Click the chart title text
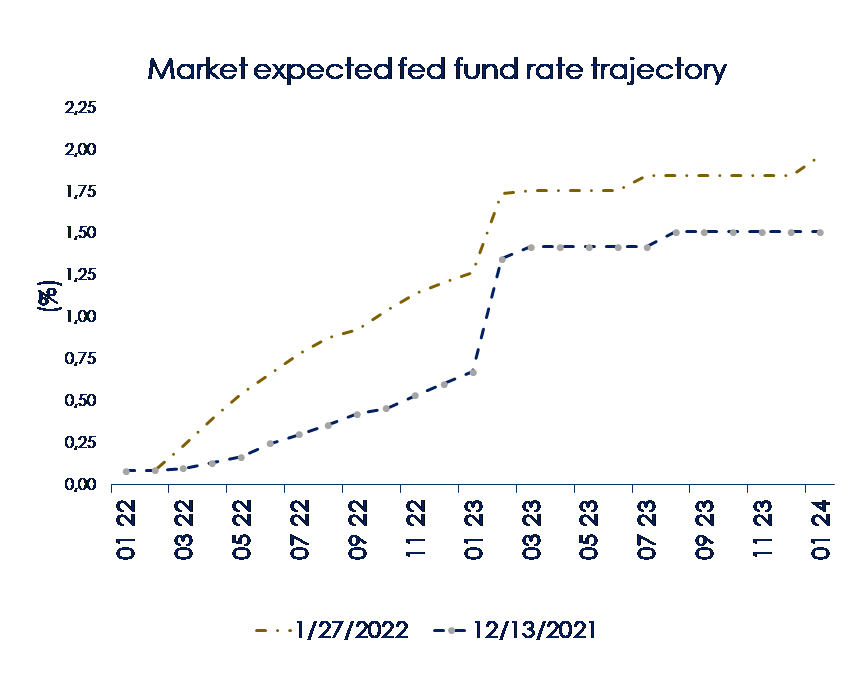436,69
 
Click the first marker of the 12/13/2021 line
126,471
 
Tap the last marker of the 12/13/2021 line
820,232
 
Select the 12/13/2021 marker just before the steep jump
473,372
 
